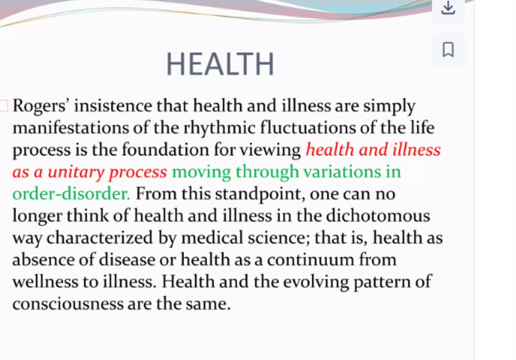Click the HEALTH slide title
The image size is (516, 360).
[220, 64]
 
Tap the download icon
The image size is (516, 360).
[448, 8]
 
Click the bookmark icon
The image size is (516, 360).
[448, 49]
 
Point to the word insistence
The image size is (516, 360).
[113, 106]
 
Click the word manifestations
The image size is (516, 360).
[70, 128]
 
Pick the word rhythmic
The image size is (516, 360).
[219, 128]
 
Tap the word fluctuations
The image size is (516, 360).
[308, 128]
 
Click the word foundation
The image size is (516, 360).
[165, 150]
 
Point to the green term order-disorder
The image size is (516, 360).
[71, 194]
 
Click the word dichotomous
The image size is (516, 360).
[378, 216]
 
